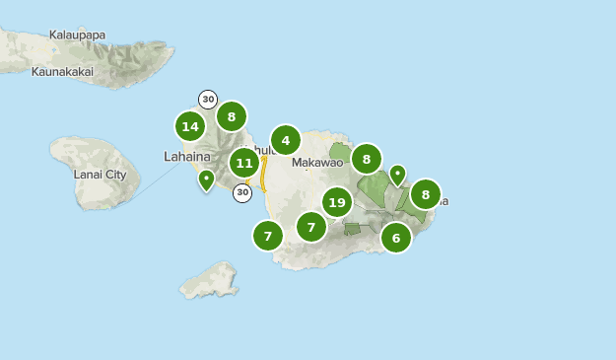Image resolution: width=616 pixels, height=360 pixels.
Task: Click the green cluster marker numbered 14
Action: click(x=190, y=126)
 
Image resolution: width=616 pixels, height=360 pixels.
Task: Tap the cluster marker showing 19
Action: click(x=337, y=202)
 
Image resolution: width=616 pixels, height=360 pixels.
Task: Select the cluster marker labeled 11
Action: click(x=244, y=163)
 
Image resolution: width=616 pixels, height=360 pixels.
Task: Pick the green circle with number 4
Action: click(x=285, y=140)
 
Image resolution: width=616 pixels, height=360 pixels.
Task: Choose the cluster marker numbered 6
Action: click(x=395, y=237)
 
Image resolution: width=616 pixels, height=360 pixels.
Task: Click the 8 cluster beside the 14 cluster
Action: click(x=231, y=116)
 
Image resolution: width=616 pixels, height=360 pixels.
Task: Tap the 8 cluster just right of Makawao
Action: click(x=366, y=158)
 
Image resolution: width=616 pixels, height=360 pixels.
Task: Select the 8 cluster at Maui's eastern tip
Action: click(x=425, y=194)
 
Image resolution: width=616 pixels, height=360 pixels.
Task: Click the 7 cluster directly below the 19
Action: click(x=310, y=227)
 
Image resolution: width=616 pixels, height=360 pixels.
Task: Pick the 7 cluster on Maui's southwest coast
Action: click(x=267, y=236)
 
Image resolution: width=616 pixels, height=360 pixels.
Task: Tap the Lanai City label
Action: click(x=100, y=175)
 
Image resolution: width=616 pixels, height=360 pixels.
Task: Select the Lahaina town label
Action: click(x=186, y=156)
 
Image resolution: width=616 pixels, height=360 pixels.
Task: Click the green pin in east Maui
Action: click(x=397, y=176)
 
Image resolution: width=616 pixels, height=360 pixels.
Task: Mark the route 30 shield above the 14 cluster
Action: click(x=207, y=99)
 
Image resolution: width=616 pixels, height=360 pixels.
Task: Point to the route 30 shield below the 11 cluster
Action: click(x=242, y=193)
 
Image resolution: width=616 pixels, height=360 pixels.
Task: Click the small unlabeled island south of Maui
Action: click(x=210, y=279)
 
